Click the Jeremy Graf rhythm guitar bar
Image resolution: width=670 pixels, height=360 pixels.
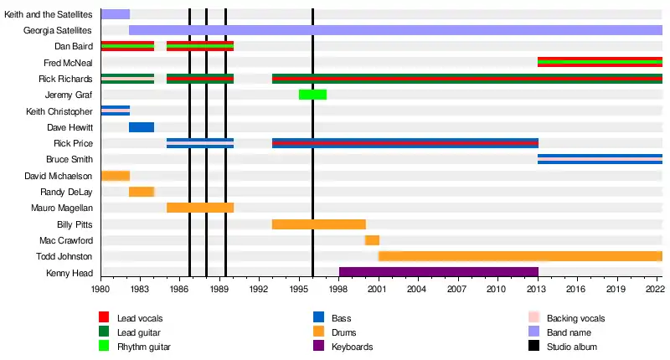(x=312, y=94)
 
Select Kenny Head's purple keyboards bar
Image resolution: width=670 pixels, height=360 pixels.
(x=438, y=272)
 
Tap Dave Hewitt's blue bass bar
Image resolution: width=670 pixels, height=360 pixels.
(x=142, y=126)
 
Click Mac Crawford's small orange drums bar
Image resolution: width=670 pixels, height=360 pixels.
(x=372, y=240)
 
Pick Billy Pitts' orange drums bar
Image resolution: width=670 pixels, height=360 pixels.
(x=319, y=224)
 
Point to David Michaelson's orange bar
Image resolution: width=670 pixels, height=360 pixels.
(x=115, y=175)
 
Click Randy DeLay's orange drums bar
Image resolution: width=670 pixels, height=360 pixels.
(x=142, y=192)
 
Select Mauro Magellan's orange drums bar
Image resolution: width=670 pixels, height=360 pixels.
(x=200, y=208)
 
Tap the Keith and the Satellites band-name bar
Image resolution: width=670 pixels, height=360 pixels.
(x=115, y=14)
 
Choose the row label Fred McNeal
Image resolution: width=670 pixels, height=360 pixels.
(x=68, y=63)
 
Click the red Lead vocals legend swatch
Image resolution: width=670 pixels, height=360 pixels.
(x=105, y=318)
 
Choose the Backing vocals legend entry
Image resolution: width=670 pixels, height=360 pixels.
(x=575, y=318)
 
